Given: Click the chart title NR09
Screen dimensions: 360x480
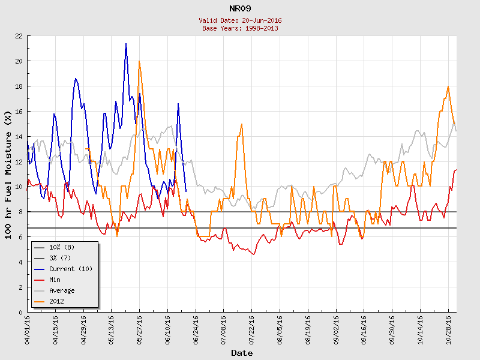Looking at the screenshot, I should (240, 8).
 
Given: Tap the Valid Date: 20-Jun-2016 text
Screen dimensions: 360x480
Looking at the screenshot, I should (240, 20).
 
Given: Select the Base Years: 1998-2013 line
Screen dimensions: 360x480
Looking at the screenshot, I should (240, 28).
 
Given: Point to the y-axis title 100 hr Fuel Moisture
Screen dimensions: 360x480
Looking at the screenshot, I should (9, 174).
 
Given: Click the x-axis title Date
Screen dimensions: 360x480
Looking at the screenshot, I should (242, 353).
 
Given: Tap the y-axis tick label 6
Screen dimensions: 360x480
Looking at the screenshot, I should (20, 238).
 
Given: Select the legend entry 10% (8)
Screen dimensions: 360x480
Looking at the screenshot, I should (62, 247).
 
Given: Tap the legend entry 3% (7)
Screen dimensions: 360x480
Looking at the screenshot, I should (60, 258).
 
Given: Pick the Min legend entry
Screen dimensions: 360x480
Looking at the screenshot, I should (56, 280).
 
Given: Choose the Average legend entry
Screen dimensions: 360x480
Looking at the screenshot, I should (62, 290).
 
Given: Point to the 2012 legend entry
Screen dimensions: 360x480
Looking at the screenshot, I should (58, 301).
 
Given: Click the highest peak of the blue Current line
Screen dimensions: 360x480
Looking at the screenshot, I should (126, 44).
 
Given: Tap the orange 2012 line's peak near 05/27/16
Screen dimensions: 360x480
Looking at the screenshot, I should (139, 61).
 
